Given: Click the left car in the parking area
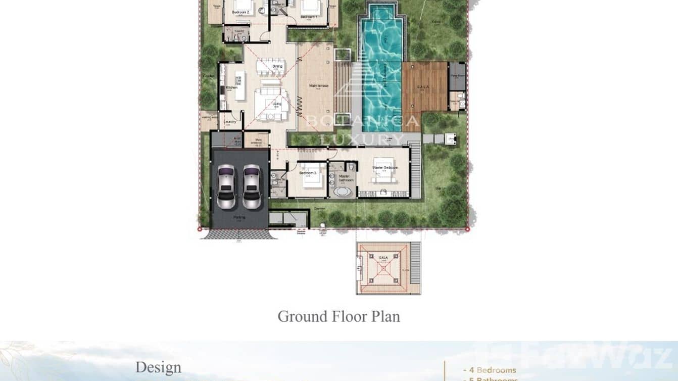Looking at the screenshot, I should pos(226,186).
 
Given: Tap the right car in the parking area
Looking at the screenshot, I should pos(252,186).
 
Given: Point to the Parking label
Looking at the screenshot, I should pos(239,217).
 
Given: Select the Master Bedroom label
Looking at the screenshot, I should pos(385,167).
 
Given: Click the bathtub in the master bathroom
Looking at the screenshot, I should pos(342,192).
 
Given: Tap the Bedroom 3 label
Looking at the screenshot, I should pos(307,173).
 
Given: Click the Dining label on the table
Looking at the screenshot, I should pos(277,66).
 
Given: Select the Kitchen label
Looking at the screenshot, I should pos(231,88).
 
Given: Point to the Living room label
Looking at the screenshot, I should pos(276,104).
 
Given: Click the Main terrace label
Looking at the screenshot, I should pos(319,86).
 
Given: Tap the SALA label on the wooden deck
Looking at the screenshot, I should pos(423,87).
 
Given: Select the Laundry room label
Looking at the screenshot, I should pos(230,122).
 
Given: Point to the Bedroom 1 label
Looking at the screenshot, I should pos(309,17).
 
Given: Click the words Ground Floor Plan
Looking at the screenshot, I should pos(338,316).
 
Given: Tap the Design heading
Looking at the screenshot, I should pos(158,367).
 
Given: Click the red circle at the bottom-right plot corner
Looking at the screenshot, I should pos(467,229).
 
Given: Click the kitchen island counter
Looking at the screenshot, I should pos(240,85).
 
